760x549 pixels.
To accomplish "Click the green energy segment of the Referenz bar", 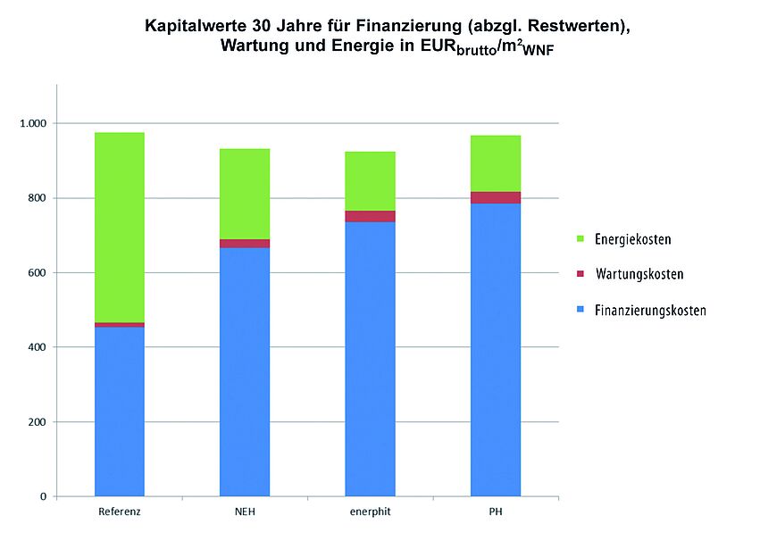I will pos(120,228).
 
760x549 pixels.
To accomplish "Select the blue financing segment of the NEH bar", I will pos(245,371).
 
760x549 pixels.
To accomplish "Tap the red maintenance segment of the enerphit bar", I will pos(370,216).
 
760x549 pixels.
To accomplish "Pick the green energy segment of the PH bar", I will pos(496,163).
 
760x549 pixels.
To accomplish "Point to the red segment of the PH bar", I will pos(496,197).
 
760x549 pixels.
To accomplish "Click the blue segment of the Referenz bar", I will pos(120,411).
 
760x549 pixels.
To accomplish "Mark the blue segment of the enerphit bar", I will pos(370,358).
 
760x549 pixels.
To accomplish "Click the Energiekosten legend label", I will pos(633,239).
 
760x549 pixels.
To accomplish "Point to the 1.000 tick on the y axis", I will pos(37,123).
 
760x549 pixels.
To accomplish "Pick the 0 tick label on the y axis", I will pos(43,496).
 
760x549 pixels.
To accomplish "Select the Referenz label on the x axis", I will pos(120,514).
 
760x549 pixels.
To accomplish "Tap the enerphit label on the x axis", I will pos(370,514).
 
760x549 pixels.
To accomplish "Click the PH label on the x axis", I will pos(496,514).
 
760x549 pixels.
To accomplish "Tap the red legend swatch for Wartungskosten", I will pos(580,275).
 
